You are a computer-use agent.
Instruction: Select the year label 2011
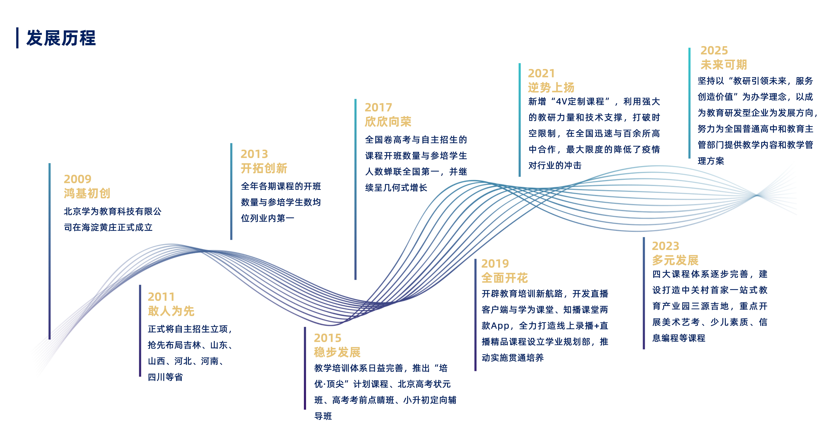[161, 297]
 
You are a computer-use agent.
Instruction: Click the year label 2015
[328, 338]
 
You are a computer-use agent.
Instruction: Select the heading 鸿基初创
[87, 194]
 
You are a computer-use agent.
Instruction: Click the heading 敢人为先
[171, 311]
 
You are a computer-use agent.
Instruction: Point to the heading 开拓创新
[264, 168]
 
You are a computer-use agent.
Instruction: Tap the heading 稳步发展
[337, 352]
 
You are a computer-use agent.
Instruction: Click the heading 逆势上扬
[551, 87]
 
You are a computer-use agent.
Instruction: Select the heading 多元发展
[676, 260]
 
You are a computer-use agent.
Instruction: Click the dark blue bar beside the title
[17, 38]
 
